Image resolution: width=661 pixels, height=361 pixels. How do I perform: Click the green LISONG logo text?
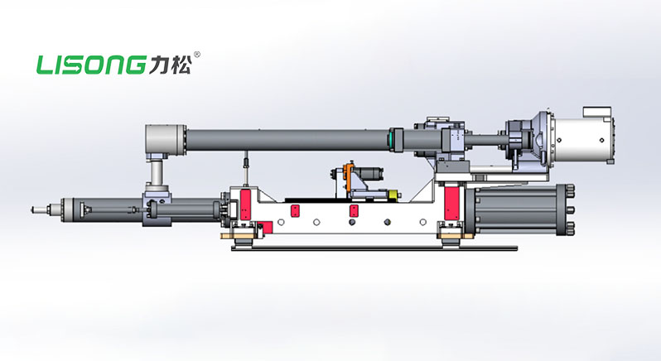coord(91,65)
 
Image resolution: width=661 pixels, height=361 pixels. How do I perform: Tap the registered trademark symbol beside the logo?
coord(196,55)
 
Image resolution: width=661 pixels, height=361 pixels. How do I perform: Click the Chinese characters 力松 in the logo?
coord(170,65)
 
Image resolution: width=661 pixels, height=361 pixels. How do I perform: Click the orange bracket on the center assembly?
coord(347,176)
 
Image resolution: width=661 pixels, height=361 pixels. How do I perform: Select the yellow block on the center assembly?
coord(393,195)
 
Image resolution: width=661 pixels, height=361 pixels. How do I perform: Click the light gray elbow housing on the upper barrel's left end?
coord(166,139)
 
